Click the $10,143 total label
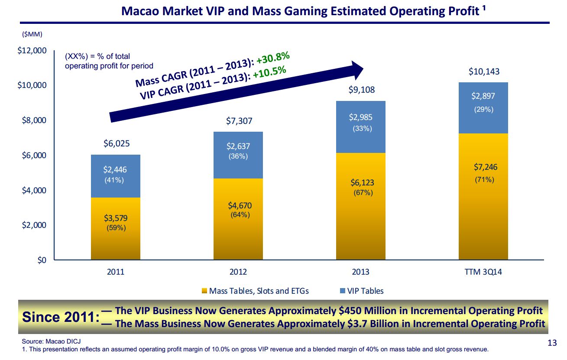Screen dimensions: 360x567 [483, 71]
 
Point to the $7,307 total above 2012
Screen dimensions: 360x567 [238, 121]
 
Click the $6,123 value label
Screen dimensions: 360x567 [362, 183]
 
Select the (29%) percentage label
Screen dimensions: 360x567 [483, 110]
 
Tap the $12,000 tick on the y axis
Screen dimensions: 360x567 [32, 51]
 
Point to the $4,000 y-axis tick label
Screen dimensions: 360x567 [34, 190]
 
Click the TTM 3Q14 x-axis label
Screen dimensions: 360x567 [483, 272]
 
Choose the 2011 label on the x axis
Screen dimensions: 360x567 [116, 272]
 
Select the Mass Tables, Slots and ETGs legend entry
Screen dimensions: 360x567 [256, 291]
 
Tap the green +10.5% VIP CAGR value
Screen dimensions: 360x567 [269, 72]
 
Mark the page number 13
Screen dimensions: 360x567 [552, 343]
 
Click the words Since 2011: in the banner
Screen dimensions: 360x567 [61, 317]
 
